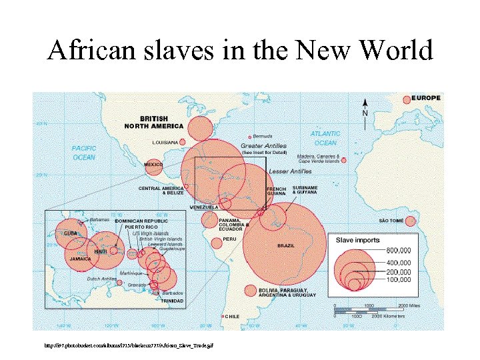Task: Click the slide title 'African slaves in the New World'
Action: pos(240,50)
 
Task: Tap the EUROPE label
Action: pos(427,98)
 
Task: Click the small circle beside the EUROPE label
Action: pos(406,99)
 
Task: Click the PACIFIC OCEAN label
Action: pos(84,153)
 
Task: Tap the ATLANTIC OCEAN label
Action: pos(325,138)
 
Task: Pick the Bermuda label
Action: pos(263,136)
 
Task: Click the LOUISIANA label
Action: pos(165,142)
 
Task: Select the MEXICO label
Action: pos(154,164)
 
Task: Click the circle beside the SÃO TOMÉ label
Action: pos(410,221)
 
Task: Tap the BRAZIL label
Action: pos(287,246)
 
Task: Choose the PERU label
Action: pos(229,239)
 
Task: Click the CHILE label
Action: pos(232,316)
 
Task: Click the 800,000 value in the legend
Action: pos(399,251)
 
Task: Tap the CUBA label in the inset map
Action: pos(70,233)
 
